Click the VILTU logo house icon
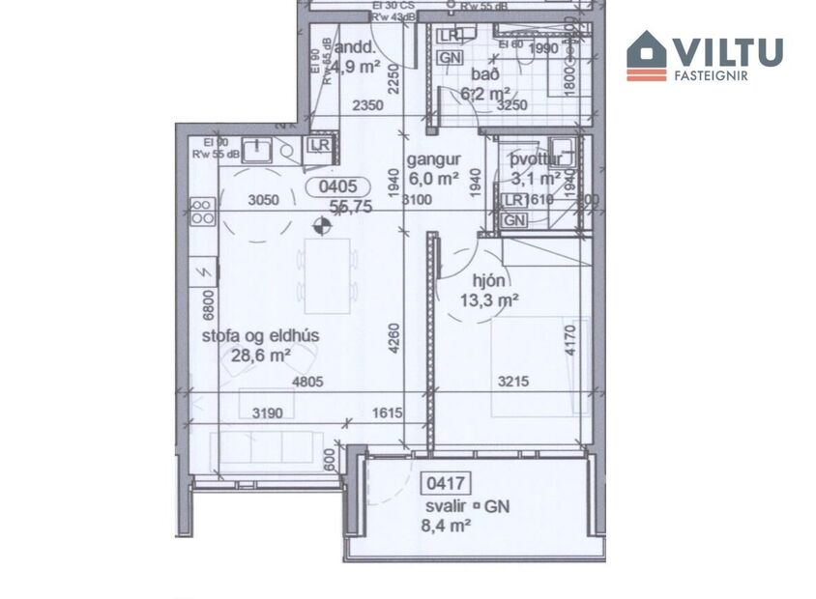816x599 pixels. (x=647, y=55)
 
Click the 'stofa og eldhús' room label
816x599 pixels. (x=260, y=336)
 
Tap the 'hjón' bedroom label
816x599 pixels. (x=488, y=281)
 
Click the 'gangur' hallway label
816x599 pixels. (x=432, y=159)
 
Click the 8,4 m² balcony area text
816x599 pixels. (x=447, y=526)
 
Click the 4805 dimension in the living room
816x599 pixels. (x=307, y=383)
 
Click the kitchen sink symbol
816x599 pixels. (x=259, y=149)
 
